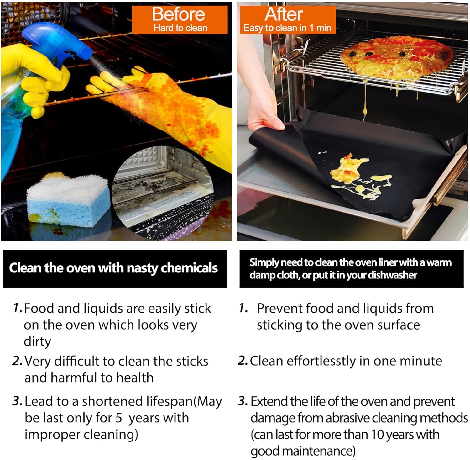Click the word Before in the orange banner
click(x=179, y=14)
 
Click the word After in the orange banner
click(x=284, y=14)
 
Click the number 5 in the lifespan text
click(x=119, y=418)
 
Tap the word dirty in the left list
click(x=37, y=342)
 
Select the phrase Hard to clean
click(x=180, y=28)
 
